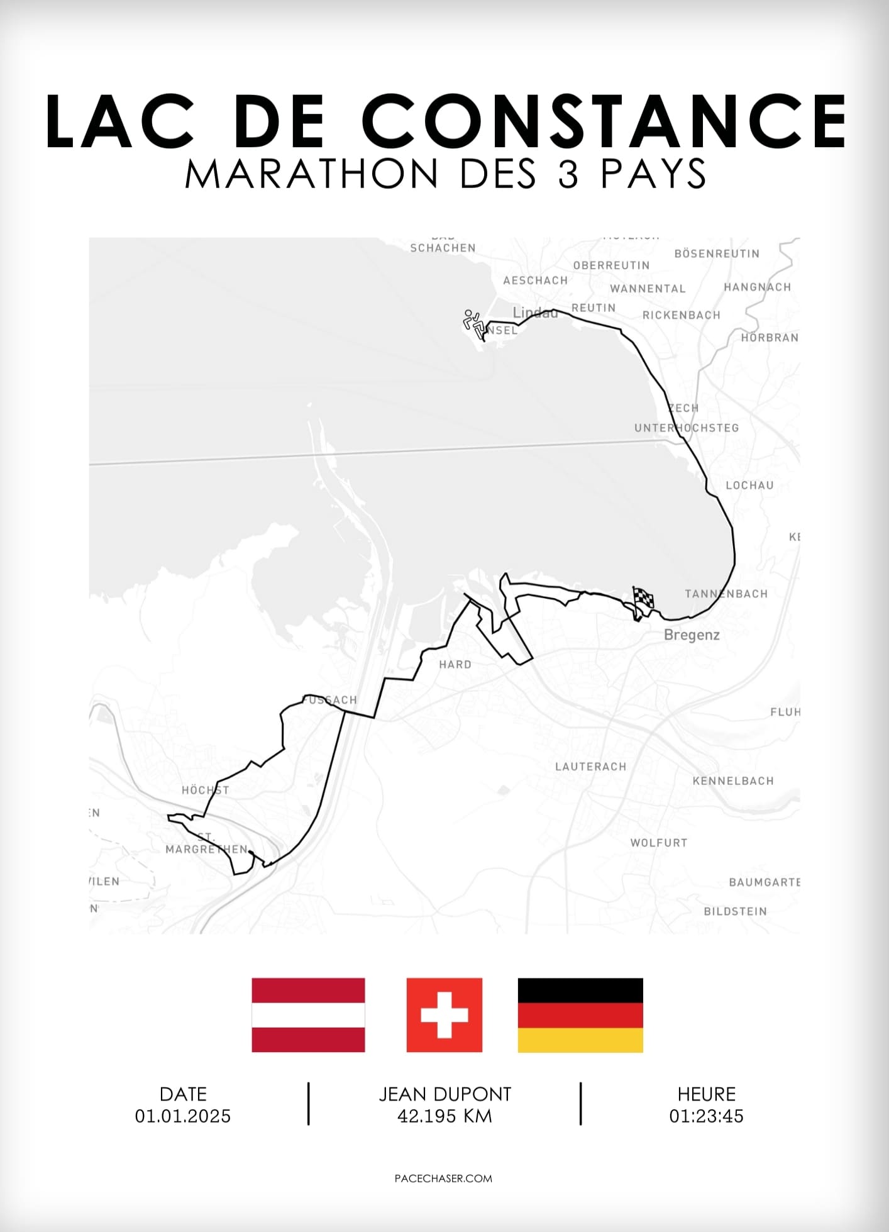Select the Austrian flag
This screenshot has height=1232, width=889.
click(308, 1014)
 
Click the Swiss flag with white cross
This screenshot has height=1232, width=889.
click(444, 1014)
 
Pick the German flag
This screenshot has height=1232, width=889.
click(580, 1014)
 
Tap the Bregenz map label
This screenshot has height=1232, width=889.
click(692, 635)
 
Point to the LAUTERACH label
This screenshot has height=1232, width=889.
click(590, 767)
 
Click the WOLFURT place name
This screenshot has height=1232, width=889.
click(659, 843)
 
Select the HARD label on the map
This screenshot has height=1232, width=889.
click(455, 665)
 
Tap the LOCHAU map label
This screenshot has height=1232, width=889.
click(749, 486)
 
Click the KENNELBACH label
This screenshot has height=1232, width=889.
click(733, 781)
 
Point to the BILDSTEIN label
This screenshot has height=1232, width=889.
click(735, 911)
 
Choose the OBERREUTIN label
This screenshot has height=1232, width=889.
click(611, 265)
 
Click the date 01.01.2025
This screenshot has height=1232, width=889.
click(183, 1116)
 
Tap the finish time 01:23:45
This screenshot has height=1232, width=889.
click(706, 1116)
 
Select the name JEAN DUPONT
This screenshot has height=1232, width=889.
click(444, 1094)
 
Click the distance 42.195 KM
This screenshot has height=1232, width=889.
click(444, 1116)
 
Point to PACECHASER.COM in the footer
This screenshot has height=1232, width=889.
click(443, 1179)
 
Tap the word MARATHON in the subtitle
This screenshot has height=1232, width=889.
click(311, 174)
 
